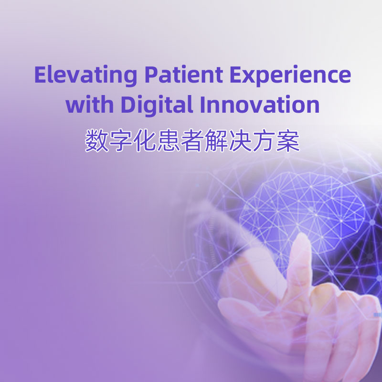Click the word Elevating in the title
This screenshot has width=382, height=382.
[x=85, y=75]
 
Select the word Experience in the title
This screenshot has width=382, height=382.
[x=290, y=75]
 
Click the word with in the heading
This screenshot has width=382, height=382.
[x=89, y=104]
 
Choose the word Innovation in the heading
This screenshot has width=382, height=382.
[x=259, y=104]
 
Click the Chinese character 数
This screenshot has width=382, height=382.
[x=97, y=141]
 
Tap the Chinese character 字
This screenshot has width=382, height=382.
[x=121, y=141]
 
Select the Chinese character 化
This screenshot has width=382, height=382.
[x=145, y=141]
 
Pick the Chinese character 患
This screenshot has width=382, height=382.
[x=169, y=141]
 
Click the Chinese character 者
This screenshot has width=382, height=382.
[x=192, y=141]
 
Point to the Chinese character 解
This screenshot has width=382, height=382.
[x=216, y=141]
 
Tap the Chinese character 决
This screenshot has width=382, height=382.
[x=240, y=141]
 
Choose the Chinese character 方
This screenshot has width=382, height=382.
[x=264, y=141]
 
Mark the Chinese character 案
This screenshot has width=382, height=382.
[x=288, y=141]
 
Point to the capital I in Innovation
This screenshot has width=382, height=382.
[x=202, y=104]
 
